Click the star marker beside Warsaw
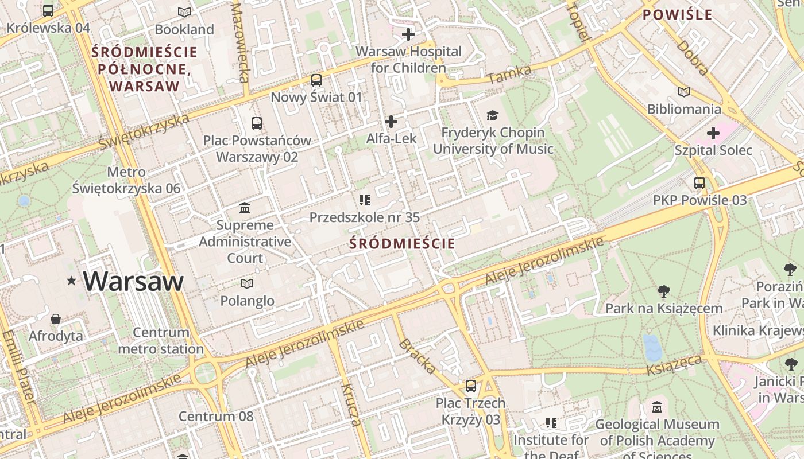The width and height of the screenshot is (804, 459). tap(72, 281)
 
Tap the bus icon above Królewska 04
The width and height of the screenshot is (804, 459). tap(48, 10)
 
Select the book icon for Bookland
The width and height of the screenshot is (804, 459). tap(184, 12)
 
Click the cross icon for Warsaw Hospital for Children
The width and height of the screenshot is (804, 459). tap(408, 34)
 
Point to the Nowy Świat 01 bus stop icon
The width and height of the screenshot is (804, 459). tap(316, 80)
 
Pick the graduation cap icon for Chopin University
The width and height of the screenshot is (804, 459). tap(492, 116)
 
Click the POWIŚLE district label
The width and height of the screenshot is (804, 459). tap(677, 15)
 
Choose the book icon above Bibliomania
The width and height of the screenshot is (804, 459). tap(683, 92)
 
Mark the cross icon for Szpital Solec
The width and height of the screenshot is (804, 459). tap(713, 134)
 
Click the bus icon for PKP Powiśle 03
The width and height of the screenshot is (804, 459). tap(699, 183)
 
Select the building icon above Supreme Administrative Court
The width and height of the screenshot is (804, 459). tap(245, 208)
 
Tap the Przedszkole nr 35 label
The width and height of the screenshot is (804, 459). tap(365, 217)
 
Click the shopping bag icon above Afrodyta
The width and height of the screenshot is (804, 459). tap(56, 319)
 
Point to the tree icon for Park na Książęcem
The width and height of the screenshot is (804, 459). tap(664, 291)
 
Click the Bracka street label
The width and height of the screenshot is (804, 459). tap(417, 356)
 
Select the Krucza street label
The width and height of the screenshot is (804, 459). tap(350, 404)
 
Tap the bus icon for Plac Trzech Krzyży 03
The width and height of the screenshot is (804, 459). tap(471, 386)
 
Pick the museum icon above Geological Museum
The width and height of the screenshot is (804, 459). tap(657, 407)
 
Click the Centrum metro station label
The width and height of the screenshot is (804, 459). tap(161, 340)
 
